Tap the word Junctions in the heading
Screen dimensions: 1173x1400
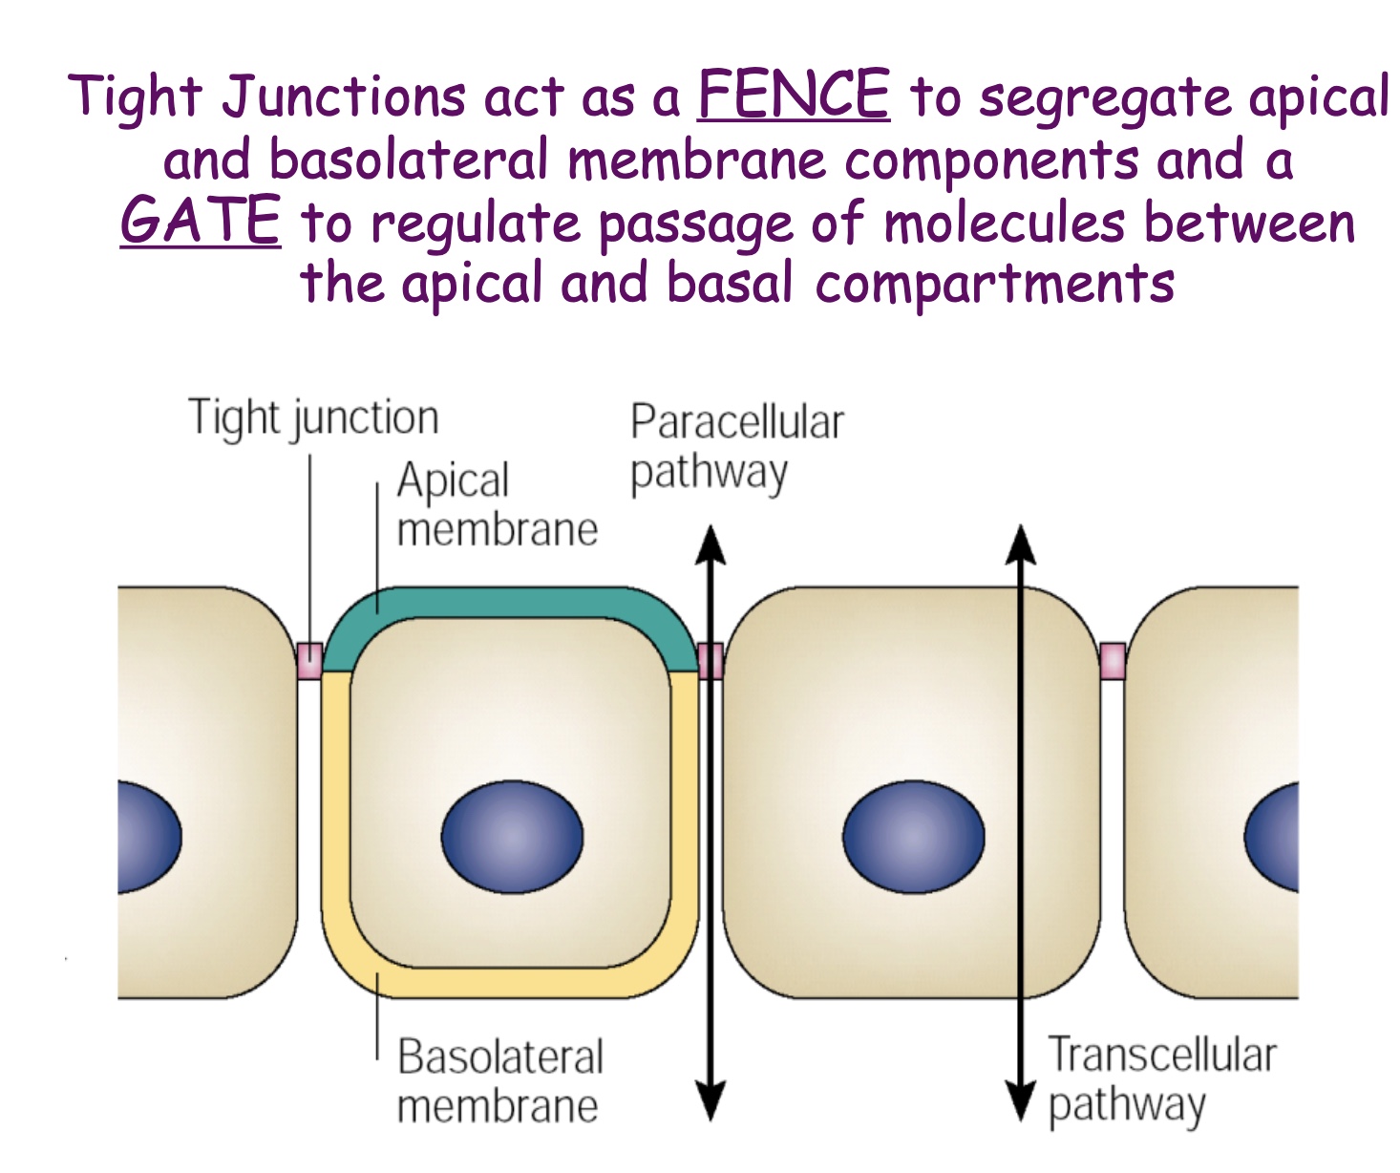(345, 97)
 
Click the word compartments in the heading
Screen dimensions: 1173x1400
(994, 284)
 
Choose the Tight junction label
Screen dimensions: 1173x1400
(313, 418)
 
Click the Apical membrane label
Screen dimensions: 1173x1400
(497, 504)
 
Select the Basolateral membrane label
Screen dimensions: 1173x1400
(499, 1081)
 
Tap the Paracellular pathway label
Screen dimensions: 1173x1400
(736, 447)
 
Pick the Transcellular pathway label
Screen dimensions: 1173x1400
(1161, 1079)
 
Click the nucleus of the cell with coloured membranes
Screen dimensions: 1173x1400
(512, 837)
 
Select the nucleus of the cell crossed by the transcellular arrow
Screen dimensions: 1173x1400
(913, 837)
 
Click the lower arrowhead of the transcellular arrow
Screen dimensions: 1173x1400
(1021, 1100)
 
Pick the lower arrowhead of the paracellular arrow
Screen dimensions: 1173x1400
(710, 1100)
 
